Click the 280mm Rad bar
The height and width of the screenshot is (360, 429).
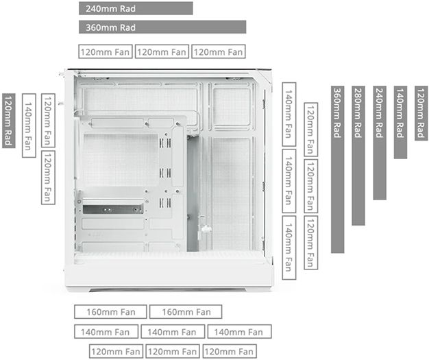click(358, 156)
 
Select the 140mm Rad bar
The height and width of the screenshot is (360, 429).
click(400, 122)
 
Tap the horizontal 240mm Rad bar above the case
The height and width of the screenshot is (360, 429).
click(136, 8)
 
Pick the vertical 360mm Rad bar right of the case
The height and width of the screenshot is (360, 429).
click(337, 169)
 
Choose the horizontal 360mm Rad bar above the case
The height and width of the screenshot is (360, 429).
click(162, 27)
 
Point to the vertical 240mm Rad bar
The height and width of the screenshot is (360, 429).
click(379, 143)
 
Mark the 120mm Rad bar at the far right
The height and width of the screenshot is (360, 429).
click(421, 112)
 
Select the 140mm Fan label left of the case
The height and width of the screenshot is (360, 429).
click(29, 125)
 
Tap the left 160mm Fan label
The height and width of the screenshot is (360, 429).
click(110, 312)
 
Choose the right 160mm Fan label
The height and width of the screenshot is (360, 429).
click(185, 312)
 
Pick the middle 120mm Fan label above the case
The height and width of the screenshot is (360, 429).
click(162, 51)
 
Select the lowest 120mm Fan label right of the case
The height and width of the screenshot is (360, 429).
click(310, 243)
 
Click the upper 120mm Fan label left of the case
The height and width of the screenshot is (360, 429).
click(47, 121)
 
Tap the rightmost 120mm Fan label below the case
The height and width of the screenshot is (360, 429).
click(230, 352)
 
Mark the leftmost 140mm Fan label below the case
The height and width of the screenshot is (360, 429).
click(105, 332)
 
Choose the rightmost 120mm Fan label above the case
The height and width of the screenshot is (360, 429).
click(218, 51)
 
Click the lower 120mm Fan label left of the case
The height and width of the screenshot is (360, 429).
click(47, 177)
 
